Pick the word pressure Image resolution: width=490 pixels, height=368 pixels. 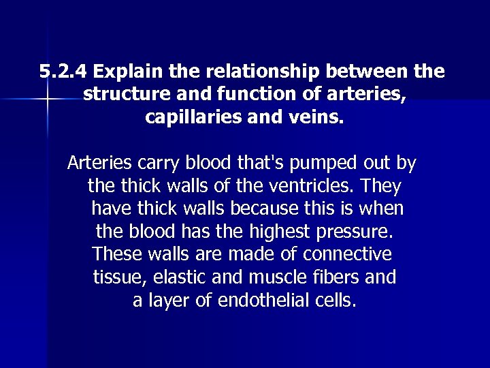(355, 230)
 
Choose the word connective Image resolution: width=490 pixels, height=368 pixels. (348, 254)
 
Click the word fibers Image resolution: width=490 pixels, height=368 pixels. (339, 277)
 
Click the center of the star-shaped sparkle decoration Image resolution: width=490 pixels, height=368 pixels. (46, 100)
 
